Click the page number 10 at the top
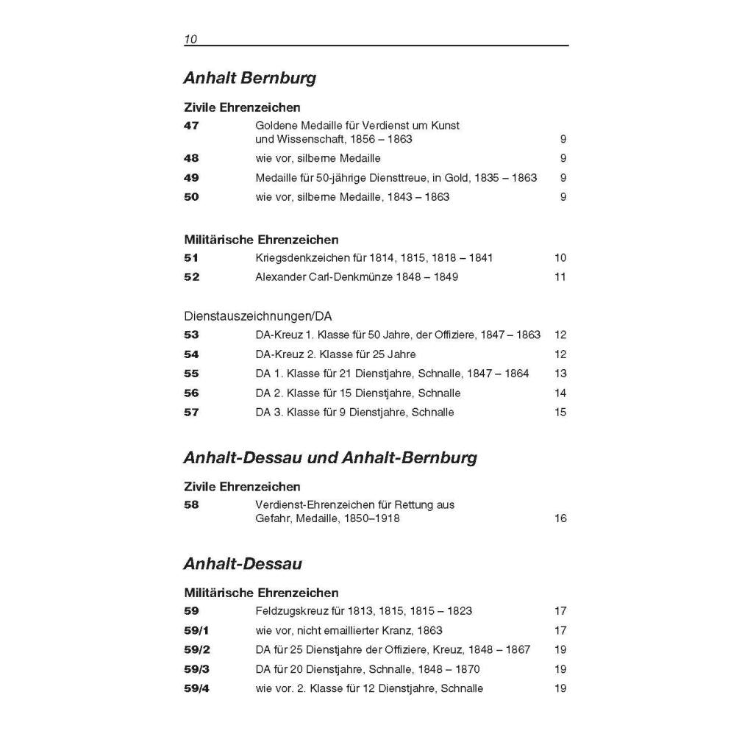coord(190,40)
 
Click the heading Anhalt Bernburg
coord(249,78)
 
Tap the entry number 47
coord(191,126)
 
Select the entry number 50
coord(191,197)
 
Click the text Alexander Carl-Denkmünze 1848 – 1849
coord(357,277)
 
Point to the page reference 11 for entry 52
coord(560,277)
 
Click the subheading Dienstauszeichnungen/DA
coord(257,316)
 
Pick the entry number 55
coord(191,374)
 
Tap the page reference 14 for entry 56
coord(560,393)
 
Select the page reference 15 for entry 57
coord(560,413)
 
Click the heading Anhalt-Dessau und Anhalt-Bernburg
coord(330,458)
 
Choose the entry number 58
coord(191,505)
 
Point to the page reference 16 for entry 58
coord(560,519)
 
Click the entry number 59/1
coord(196,631)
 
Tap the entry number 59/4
coord(196,689)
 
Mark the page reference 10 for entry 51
coord(560,258)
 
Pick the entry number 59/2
coord(196,650)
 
